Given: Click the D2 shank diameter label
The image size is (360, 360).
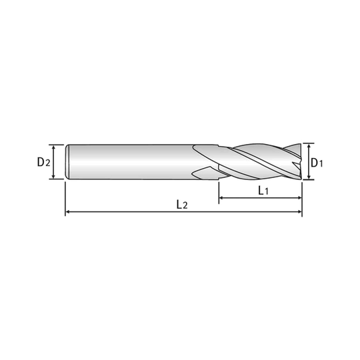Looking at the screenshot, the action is point(43,162).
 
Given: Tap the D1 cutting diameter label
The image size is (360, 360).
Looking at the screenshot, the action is point(317,163).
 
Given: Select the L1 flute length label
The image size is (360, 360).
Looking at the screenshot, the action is point(263,190).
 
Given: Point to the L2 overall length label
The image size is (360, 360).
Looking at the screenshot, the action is point(182,204).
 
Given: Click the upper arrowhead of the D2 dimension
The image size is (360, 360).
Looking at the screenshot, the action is point(53,147).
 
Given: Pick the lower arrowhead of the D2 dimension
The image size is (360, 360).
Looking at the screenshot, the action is point(53,177).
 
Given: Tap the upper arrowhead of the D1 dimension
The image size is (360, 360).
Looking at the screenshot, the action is point(309,145).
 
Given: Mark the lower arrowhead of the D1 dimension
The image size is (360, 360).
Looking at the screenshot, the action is point(309,177).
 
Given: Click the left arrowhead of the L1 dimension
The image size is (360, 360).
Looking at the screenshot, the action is point(221,197).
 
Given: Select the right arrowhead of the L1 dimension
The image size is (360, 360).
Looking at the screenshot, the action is point(299,197).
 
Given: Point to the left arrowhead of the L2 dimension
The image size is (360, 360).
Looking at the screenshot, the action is point(68,212).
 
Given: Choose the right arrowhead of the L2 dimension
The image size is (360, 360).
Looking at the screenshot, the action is point(299,212).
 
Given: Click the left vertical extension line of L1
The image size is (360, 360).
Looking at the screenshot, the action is point(219,193).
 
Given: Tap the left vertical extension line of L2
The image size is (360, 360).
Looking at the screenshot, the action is point(65,199).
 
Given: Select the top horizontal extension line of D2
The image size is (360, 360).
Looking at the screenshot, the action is point(56,145).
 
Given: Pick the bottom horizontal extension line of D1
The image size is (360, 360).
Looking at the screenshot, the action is point(309,180).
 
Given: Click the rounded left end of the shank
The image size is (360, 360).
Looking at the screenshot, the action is point(67,162).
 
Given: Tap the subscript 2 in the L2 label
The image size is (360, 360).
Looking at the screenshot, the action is point(185,206).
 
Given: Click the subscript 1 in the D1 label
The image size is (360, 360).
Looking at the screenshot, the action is point(321,164).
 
